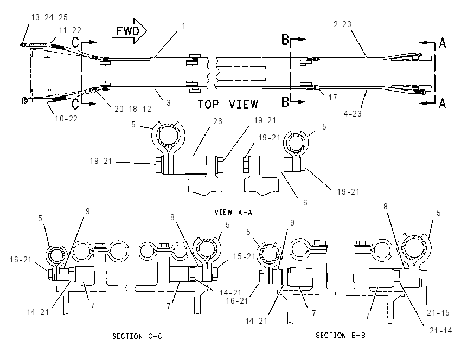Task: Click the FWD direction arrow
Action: [129, 30]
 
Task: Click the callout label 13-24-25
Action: [49, 17]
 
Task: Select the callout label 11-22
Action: [70, 30]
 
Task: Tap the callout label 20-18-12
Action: [133, 109]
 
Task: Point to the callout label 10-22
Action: [67, 118]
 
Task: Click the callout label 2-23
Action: [343, 24]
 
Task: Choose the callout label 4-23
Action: [353, 113]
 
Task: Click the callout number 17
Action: [333, 97]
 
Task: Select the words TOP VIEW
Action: [228, 104]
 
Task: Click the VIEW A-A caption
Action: [233, 212]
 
